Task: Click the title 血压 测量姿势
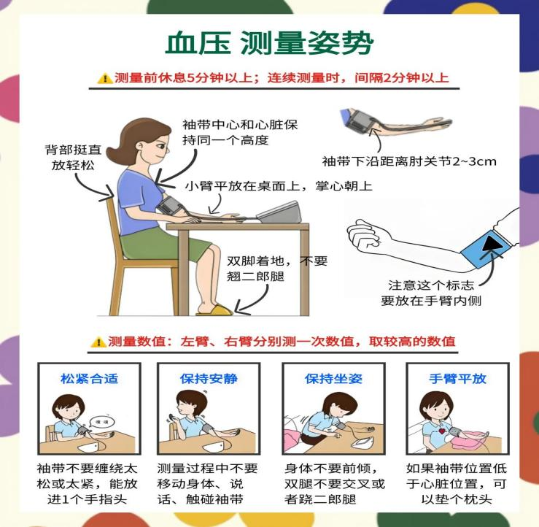pyautogui.click(x=269, y=42)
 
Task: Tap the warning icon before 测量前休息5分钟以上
pyautogui.click(x=105, y=78)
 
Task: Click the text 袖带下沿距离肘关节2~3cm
pyautogui.click(x=408, y=161)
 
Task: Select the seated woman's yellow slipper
pyautogui.click(x=214, y=310)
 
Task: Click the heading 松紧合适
pyautogui.click(x=89, y=379)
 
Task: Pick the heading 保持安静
pyautogui.click(x=209, y=379)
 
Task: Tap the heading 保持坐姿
pyautogui.click(x=333, y=379)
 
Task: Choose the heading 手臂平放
pyautogui.click(x=457, y=379)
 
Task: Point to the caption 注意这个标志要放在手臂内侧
pyautogui.click(x=430, y=293)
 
